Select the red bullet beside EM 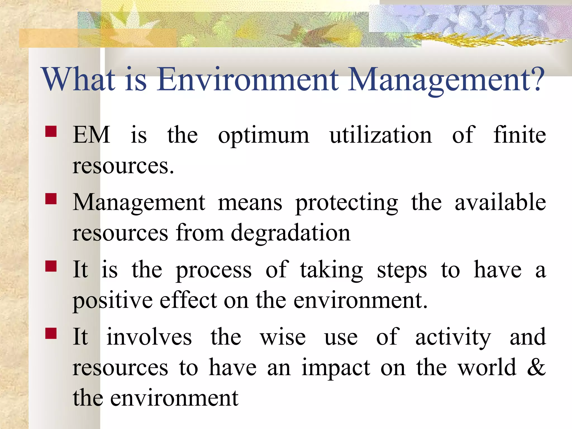point(51,131)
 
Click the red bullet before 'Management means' point(51,199)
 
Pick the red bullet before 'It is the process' point(51,266)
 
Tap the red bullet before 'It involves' point(51,333)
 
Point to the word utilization point(381,135)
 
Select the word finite point(519,135)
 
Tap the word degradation point(290,233)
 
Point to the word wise point(283,337)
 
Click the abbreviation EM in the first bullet point(91,135)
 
